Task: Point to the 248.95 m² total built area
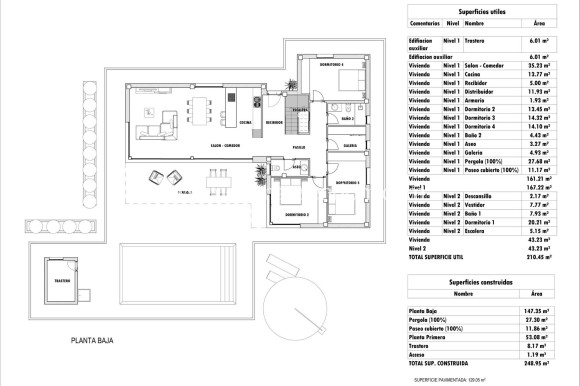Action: tap(539, 363)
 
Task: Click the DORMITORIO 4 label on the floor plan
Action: tap(331, 65)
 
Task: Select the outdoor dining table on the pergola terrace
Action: tap(218, 180)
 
